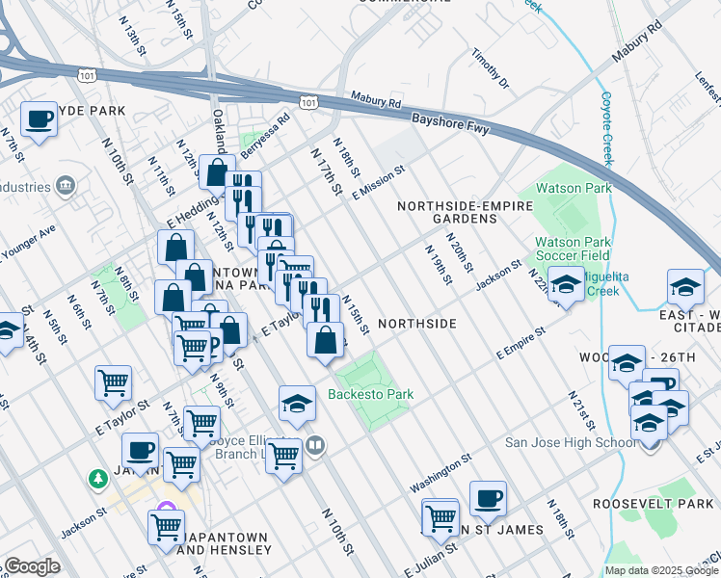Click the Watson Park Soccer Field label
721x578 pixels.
point(574,249)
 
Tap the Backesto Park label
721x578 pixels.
point(370,394)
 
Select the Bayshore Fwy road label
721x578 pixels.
point(451,125)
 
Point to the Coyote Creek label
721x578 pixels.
point(606,129)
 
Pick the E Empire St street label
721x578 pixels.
point(521,343)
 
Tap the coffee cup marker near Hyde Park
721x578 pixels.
point(40,119)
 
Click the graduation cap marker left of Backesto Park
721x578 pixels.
point(298,404)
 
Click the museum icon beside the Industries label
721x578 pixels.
point(65,184)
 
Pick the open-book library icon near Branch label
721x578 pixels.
point(314,445)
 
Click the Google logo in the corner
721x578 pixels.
point(32,566)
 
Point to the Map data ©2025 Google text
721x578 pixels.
point(661,570)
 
